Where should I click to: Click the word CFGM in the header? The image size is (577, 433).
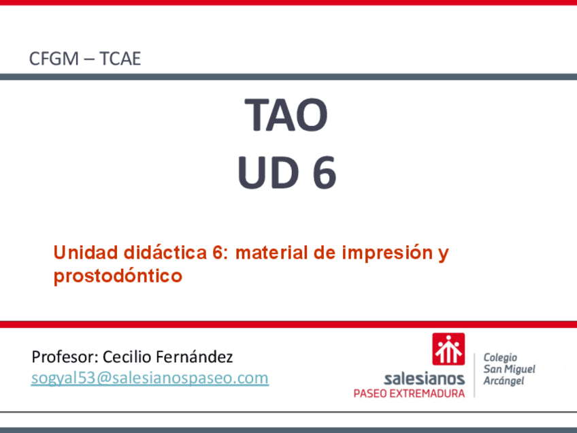pyautogui.click(x=54, y=59)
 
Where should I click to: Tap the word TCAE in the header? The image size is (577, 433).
pyautogui.click(x=120, y=59)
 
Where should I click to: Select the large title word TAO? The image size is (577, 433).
pyautogui.click(x=286, y=114)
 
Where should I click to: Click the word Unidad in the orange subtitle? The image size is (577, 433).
pyautogui.click(x=86, y=253)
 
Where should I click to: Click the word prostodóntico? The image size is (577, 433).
pyautogui.click(x=118, y=276)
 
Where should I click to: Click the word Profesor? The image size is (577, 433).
pyautogui.click(x=65, y=357)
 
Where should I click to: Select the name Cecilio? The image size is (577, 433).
pyautogui.click(x=127, y=357)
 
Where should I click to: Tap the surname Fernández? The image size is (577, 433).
pyautogui.click(x=195, y=357)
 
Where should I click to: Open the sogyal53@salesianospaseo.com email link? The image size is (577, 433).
pyautogui.click(x=150, y=378)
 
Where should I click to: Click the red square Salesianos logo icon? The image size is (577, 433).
pyautogui.click(x=448, y=349)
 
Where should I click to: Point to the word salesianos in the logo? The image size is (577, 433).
pyautogui.click(x=424, y=379)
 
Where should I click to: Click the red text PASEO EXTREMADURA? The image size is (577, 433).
pyautogui.click(x=409, y=394)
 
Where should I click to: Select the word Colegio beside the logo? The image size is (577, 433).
pyautogui.click(x=500, y=357)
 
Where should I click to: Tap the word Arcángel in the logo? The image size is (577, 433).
pyautogui.click(x=504, y=381)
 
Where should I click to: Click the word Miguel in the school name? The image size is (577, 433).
pyautogui.click(x=519, y=369)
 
